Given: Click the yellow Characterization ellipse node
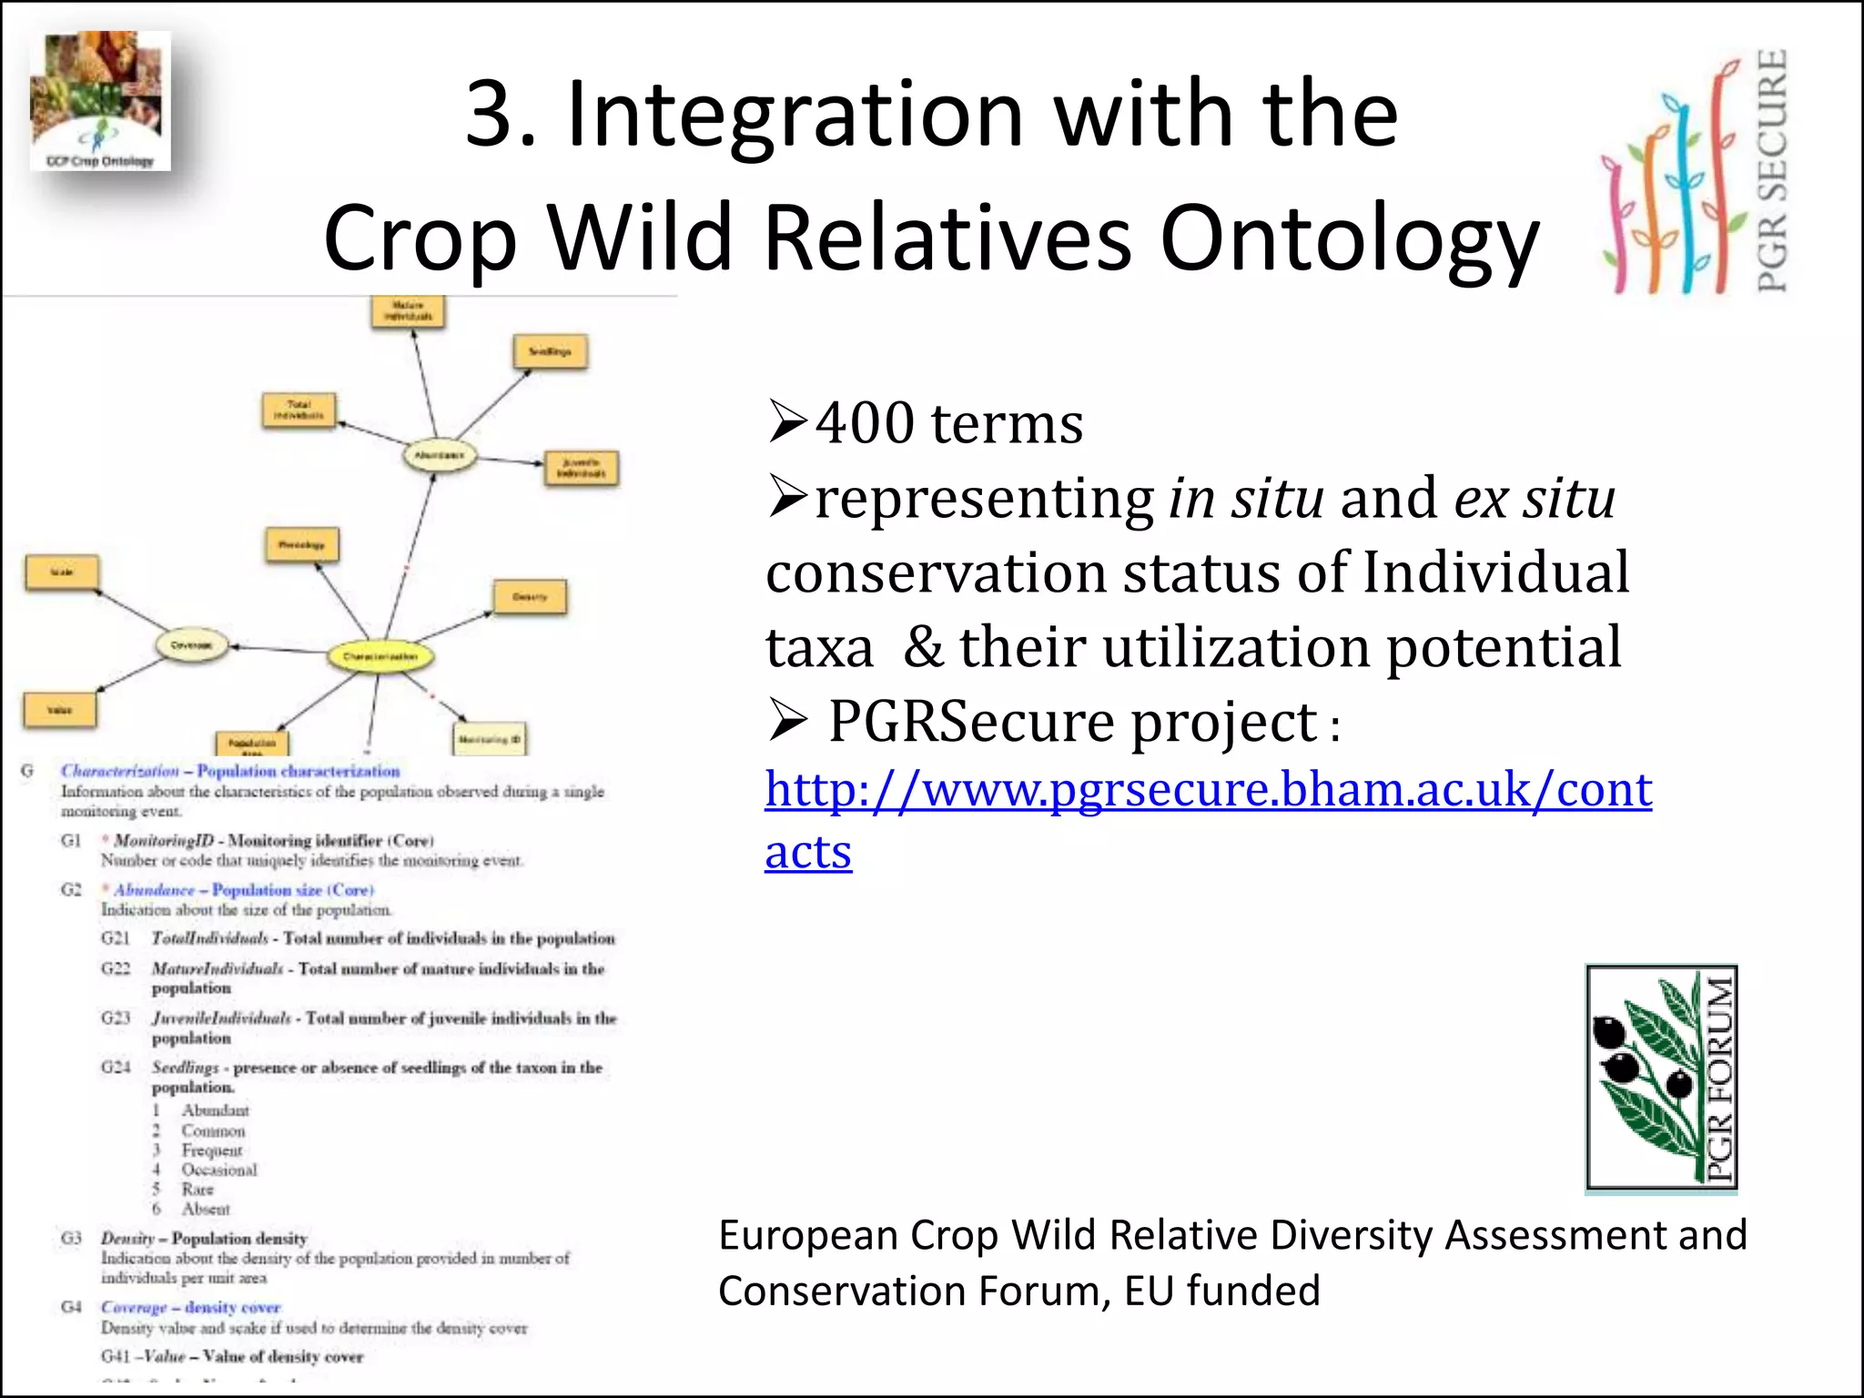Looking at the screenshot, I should coord(380,656).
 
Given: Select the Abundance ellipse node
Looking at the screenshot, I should coord(440,455).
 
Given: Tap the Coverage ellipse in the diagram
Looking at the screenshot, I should coord(191,645).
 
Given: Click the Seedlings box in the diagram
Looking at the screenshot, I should coord(550,351).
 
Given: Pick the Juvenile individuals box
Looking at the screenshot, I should coord(581,469).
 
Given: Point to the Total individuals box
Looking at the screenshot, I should coord(299,410).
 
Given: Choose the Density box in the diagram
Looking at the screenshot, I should coord(530,597).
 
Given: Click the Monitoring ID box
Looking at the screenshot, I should coord(490,739).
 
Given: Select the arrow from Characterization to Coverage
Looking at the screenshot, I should coord(279,649).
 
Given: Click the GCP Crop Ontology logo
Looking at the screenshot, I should coord(100,100).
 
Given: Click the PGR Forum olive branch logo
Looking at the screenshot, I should coord(1661,1079).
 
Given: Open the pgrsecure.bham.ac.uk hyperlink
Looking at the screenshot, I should coord(1208,790).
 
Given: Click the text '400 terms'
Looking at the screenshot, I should coord(948,424).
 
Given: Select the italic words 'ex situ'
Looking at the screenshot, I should coord(1535,499).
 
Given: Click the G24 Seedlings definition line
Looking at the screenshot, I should coord(376,1068).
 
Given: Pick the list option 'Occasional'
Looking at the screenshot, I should coord(219,1170).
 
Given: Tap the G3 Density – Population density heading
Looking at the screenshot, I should coord(204,1239).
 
